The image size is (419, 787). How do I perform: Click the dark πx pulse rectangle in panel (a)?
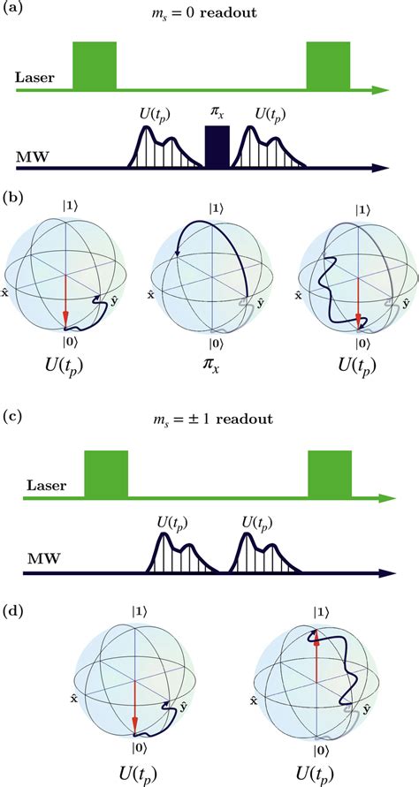click(x=217, y=146)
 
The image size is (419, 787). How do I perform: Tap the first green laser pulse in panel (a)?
click(x=95, y=65)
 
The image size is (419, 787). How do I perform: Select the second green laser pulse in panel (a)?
click(x=329, y=65)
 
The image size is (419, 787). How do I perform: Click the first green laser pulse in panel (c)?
click(x=106, y=473)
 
